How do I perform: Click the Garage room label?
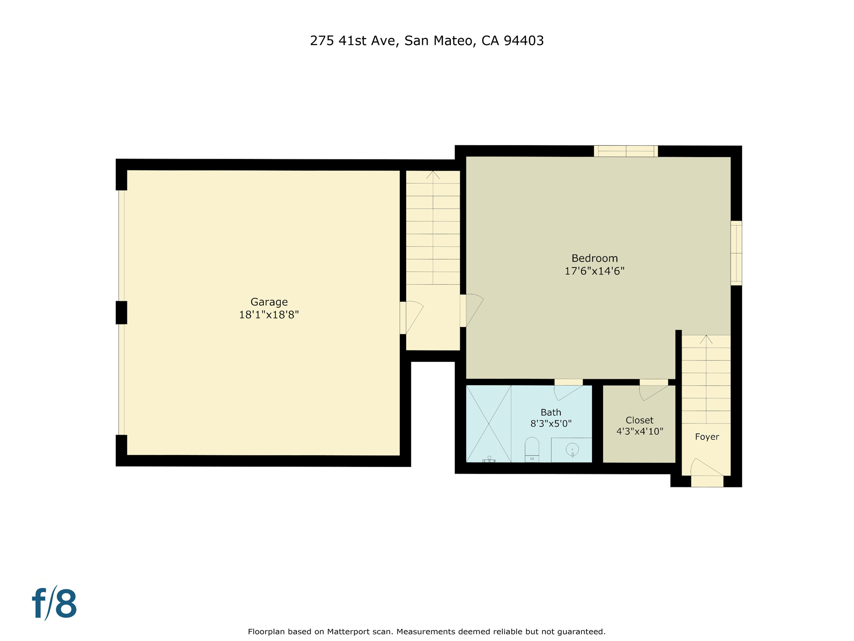point(269,302)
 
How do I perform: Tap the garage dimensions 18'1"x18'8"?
point(269,315)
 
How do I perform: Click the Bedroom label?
point(594,258)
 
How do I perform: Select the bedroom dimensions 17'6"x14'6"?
point(594,271)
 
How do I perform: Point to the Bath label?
point(551,412)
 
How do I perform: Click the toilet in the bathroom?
point(532,449)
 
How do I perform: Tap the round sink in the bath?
point(572,449)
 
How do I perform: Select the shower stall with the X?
point(488,424)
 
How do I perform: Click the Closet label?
point(639,420)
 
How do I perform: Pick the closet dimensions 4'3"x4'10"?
point(639,432)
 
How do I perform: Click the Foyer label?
point(707,437)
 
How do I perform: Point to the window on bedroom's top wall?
point(625,151)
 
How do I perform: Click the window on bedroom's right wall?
point(736,253)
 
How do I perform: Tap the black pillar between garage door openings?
point(121,313)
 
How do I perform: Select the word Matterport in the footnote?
point(348,631)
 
